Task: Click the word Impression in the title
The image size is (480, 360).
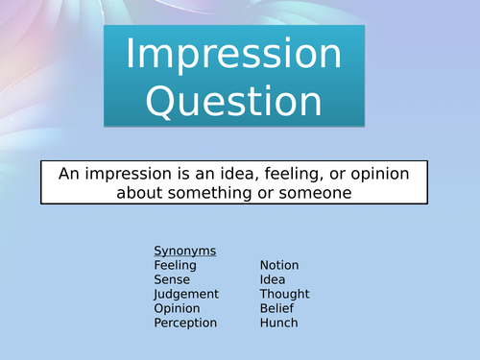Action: coord(233,55)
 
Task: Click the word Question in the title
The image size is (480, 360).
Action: coord(233,100)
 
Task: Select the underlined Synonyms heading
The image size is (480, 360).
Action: coord(185,251)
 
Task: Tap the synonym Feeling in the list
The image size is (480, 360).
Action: coord(175,265)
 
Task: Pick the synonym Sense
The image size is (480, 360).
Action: coord(171,279)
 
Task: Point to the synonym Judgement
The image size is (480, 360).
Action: coord(186,294)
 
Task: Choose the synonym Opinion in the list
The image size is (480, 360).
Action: coord(177,308)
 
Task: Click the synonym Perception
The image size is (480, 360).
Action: coord(185,323)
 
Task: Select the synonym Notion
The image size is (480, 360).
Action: coord(279,265)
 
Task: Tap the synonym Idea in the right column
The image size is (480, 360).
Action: coord(273,279)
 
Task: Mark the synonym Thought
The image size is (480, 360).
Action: coord(284,294)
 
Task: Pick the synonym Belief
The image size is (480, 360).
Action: coord(276,308)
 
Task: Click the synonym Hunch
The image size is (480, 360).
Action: coord(278,323)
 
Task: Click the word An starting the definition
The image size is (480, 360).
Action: coord(69,173)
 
